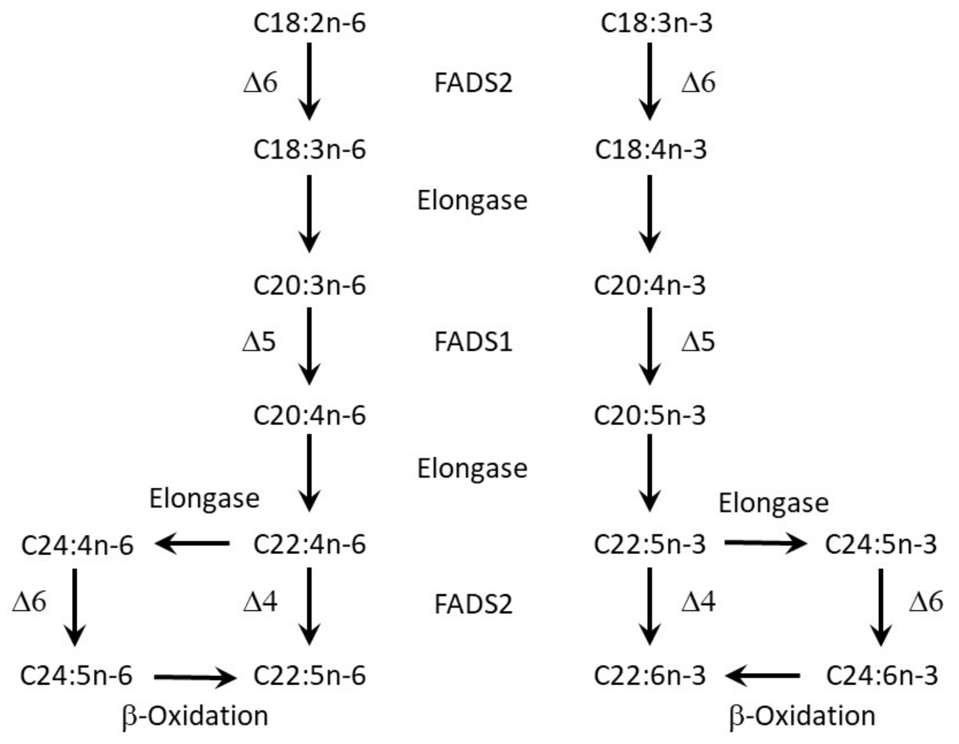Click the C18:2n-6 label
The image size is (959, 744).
point(309,23)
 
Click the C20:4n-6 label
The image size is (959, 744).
point(309,415)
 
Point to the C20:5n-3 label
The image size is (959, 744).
point(649,415)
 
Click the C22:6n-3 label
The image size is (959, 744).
point(649,675)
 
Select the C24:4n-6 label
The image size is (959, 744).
point(77,545)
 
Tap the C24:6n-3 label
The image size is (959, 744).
point(882,675)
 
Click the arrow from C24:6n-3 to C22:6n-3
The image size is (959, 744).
point(762,675)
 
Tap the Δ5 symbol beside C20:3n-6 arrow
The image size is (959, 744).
point(259,341)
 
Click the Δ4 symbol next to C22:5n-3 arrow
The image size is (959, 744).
point(698,601)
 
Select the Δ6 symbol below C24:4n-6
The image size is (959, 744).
point(29,601)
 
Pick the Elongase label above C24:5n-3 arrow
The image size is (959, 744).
point(773,503)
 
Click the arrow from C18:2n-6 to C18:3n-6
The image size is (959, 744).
point(309,81)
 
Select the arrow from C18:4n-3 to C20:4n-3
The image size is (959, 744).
point(649,214)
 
